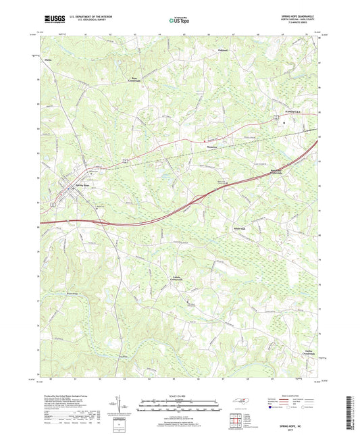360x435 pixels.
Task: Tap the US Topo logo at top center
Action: coord(180,20)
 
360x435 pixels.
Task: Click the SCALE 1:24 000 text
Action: coord(179,396)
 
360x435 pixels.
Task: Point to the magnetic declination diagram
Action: coord(122,407)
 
